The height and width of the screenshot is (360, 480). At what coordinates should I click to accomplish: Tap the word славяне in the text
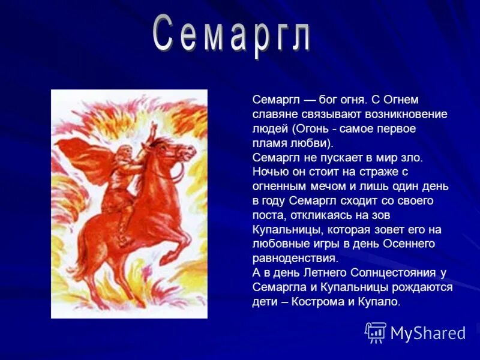click(x=273, y=114)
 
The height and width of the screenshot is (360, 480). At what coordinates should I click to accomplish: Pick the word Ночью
click(x=268, y=172)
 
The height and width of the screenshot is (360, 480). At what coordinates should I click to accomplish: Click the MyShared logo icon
click(x=376, y=332)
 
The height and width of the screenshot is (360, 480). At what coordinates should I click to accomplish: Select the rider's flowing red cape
click(x=84, y=159)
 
